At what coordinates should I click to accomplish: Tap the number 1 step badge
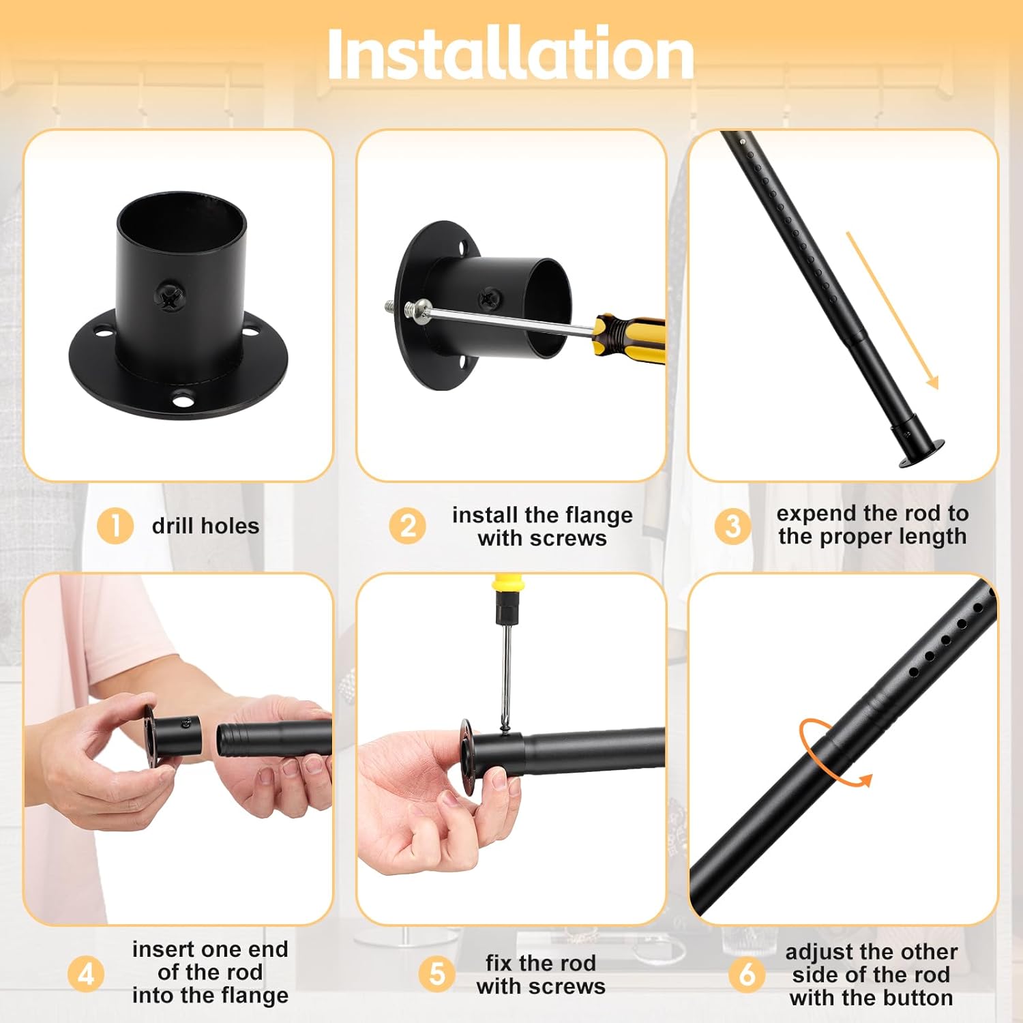point(115,526)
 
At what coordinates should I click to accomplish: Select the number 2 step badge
point(407,526)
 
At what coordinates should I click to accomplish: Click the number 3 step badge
point(732,526)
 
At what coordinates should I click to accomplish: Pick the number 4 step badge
point(86,973)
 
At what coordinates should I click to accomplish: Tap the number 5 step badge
point(436,973)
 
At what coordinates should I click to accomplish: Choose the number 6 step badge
point(747,973)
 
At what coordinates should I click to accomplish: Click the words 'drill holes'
point(205,526)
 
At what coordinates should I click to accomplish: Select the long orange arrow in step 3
point(892,310)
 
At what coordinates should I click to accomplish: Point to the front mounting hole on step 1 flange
point(182,399)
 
